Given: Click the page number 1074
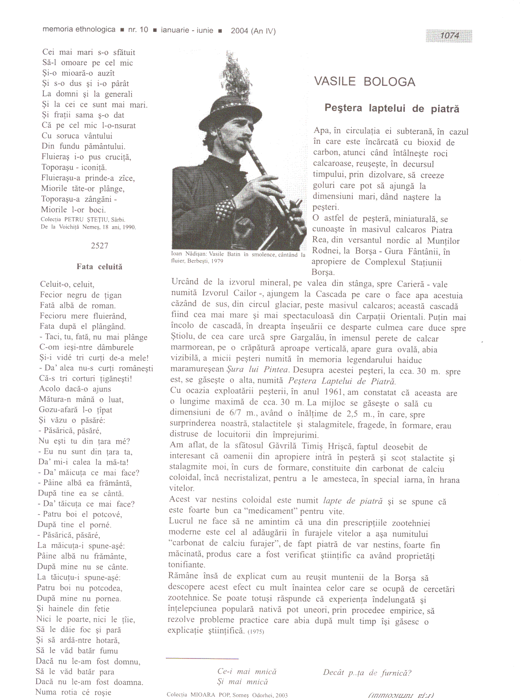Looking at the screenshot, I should [x=449, y=36].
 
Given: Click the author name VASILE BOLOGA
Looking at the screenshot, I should [x=364, y=82].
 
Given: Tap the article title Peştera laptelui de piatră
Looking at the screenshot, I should [x=391, y=108].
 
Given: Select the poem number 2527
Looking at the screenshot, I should [x=99, y=246].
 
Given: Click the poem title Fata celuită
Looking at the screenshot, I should [x=99, y=267].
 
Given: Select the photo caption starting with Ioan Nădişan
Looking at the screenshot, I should [x=238, y=257].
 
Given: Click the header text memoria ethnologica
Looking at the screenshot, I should [x=79, y=29].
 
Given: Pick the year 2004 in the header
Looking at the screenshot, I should [x=239, y=31].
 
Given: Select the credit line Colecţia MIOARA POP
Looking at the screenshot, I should [x=227, y=695].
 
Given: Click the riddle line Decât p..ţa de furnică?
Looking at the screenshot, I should [x=367, y=673].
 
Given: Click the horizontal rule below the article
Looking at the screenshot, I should [x=202, y=658].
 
